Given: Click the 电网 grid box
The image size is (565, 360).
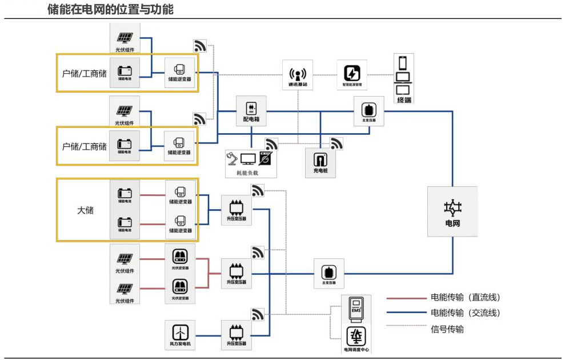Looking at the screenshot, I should tap(452, 211).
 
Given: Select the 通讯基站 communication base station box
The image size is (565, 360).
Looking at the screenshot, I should tap(298, 75).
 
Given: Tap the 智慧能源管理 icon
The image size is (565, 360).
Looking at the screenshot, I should tap(352, 75).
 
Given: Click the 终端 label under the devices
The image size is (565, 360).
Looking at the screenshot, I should tap(404, 100).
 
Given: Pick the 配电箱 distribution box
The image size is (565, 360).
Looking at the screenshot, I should tap(251, 110).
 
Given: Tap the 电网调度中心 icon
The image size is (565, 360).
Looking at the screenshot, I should tap(355, 338).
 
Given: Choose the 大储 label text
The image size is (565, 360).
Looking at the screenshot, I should tap(85, 210).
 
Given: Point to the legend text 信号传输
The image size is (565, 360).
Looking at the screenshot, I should tap(447, 329).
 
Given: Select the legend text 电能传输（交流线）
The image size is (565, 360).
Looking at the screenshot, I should tap(465, 313).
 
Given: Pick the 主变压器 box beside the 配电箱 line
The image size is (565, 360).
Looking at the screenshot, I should tap(368, 110).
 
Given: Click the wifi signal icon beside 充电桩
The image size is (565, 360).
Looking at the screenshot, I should tap(336, 143).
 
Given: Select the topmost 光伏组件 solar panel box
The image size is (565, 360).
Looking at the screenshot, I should tap(124, 39).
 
